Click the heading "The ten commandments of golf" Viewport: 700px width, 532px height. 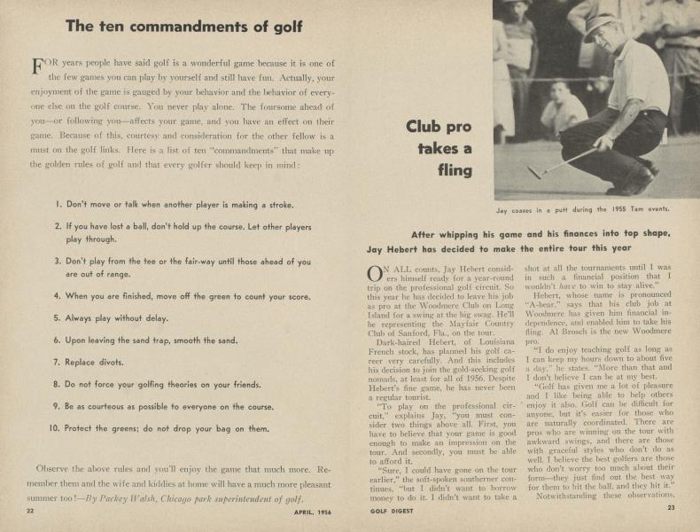tap(180, 26)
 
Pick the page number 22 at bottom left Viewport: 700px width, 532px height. tap(30, 511)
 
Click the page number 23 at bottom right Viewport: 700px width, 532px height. tap(671, 508)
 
